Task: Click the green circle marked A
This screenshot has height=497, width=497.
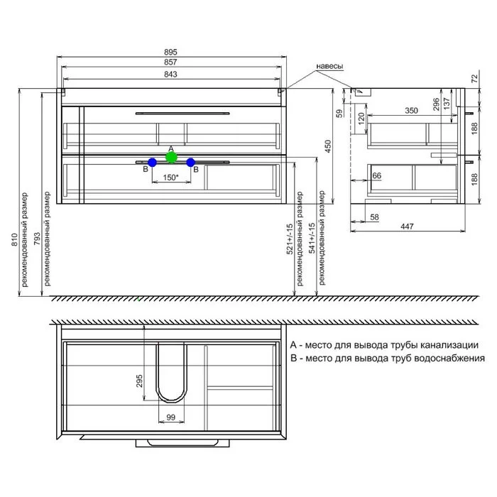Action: [x=172, y=157]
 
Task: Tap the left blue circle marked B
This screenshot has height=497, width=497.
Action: [x=152, y=163]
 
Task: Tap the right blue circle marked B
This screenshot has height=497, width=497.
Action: [x=190, y=163]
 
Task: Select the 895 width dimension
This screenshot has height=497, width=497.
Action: [x=170, y=52]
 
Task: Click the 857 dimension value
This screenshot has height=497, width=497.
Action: [x=170, y=62]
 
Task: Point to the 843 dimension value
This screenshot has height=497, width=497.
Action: [x=170, y=75]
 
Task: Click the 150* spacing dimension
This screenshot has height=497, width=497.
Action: [x=171, y=177]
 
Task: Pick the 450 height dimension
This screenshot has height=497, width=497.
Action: [x=328, y=146]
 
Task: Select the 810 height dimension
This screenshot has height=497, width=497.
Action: [x=15, y=240]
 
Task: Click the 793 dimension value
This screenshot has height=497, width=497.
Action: [x=37, y=239]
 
